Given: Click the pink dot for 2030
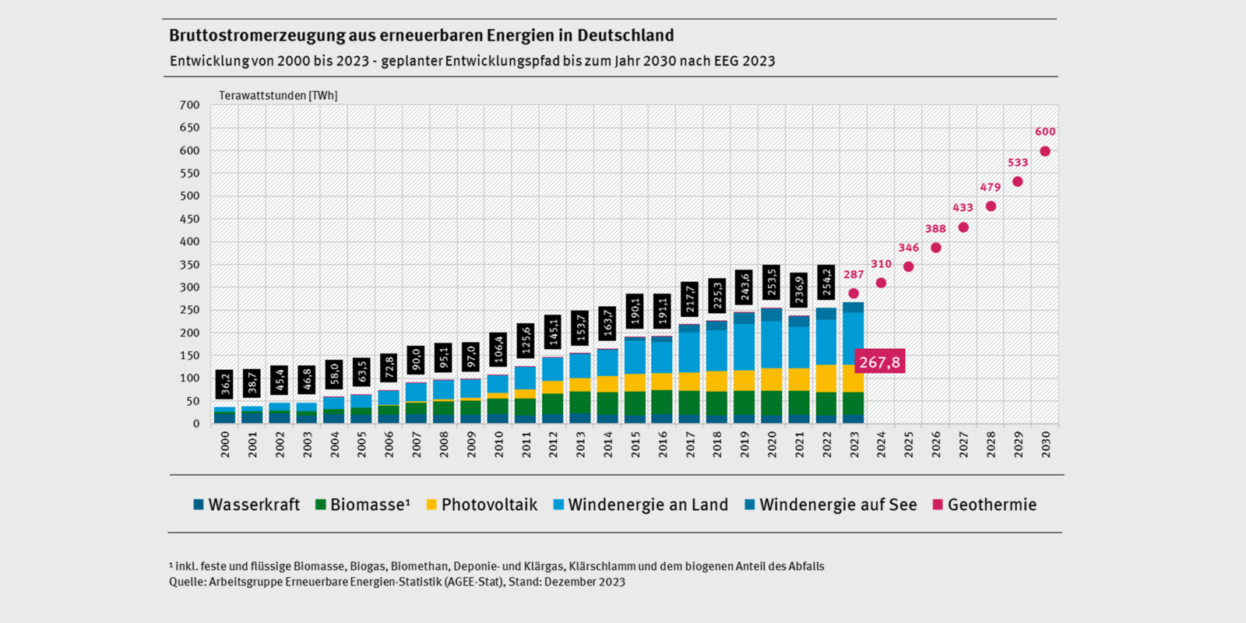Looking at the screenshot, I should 1045,152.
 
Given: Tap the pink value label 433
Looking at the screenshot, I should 963,208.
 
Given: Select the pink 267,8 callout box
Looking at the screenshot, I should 879,361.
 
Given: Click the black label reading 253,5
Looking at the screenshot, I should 772,281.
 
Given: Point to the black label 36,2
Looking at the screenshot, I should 225,384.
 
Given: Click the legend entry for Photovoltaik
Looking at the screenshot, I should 481,505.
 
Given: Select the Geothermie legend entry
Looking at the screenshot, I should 984,505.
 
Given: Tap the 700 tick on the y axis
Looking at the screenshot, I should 190,105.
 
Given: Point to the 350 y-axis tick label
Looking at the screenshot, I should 190,265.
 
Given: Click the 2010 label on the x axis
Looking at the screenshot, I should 498,444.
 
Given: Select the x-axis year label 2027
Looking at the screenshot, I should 963,444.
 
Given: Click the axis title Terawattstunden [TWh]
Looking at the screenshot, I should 278,96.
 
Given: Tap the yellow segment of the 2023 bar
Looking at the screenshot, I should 854,378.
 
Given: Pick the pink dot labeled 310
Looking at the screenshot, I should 881,283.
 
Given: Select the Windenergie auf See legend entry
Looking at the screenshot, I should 830,505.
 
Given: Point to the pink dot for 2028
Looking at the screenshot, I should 991,206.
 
